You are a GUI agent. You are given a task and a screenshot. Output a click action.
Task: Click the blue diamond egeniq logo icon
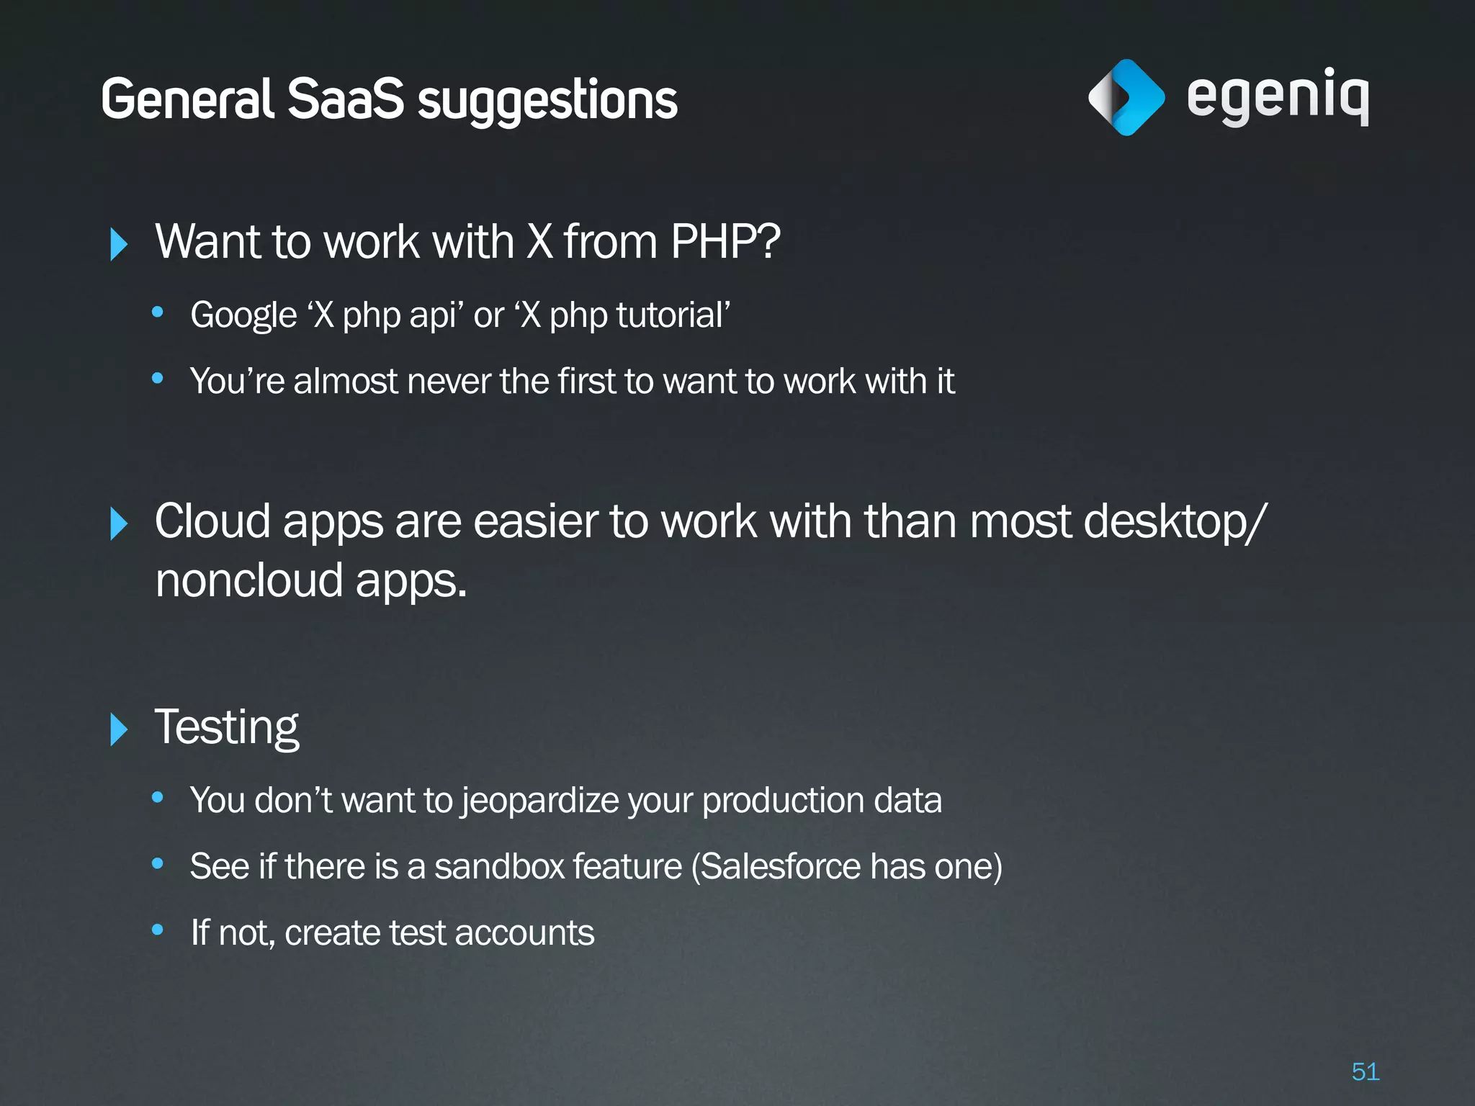pyautogui.click(x=1126, y=97)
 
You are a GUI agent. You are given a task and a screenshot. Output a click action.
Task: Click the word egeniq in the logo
pyautogui.click(x=1278, y=97)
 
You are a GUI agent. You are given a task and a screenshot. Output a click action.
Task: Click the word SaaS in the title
pyautogui.click(x=346, y=99)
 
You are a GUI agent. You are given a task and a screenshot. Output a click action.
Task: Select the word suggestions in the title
pyautogui.click(x=547, y=101)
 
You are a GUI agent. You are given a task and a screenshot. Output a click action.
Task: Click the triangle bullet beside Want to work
pyautogui.click(x=119, y=244)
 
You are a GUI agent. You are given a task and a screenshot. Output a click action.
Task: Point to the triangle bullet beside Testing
pyautogui.click(x=119, y=729)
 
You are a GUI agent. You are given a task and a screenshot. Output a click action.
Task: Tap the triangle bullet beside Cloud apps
pyautogui.click(x=119, y=523)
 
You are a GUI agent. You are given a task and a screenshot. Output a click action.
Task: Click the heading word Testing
pyautogui.click(x=227, y=727)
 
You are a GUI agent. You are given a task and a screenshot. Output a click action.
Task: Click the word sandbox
pyautogui.click(x=499, y=866)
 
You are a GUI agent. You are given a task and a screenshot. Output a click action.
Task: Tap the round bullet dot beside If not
pyautogui.click(x=158, y=930)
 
